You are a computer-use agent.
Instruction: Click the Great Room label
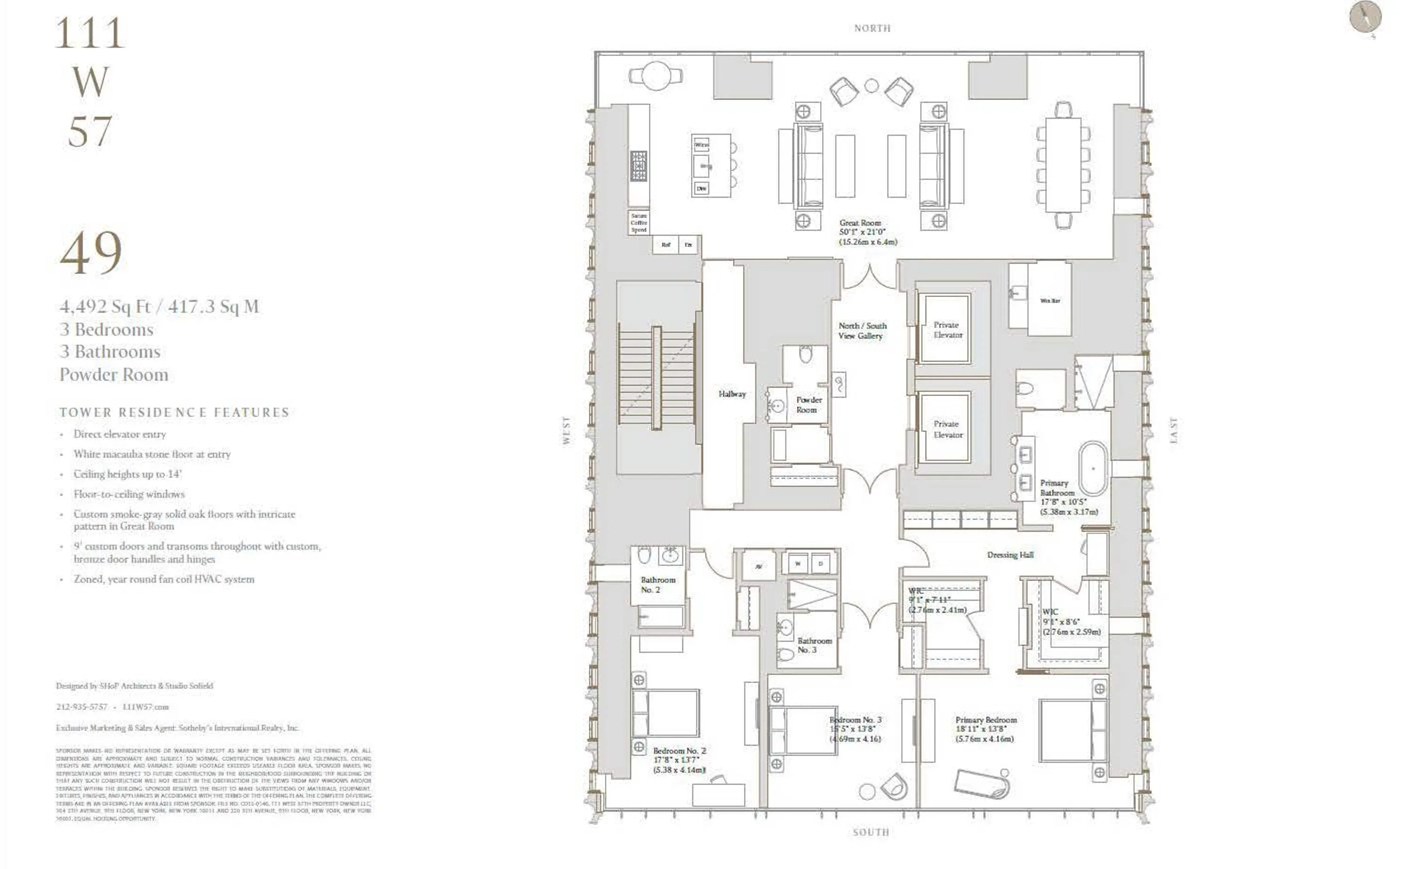(x=860, y=223)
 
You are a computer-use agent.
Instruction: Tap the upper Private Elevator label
(x=947, y=330)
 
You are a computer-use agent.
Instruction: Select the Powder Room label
(x=808, y=404)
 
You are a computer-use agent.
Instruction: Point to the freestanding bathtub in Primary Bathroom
(x=1092, y=468)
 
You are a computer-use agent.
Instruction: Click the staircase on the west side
(x=657, y=376)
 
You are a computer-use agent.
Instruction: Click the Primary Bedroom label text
(x=986, y=720)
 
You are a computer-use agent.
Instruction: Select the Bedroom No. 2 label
(x=679, y=751)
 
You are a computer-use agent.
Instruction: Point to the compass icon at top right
(x=1365, y=17)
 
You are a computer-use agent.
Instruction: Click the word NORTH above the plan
(x=872, y=28)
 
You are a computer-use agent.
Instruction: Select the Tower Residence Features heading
(x=174, y=412)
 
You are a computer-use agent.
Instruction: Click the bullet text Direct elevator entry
(x=119, y=434)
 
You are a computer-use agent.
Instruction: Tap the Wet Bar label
(x=1050, y=301)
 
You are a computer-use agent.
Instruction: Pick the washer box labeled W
(x=798, y=564)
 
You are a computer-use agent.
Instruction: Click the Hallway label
(x=731, y=394)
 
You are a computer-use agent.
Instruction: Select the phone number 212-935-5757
(x=82, y=707)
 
